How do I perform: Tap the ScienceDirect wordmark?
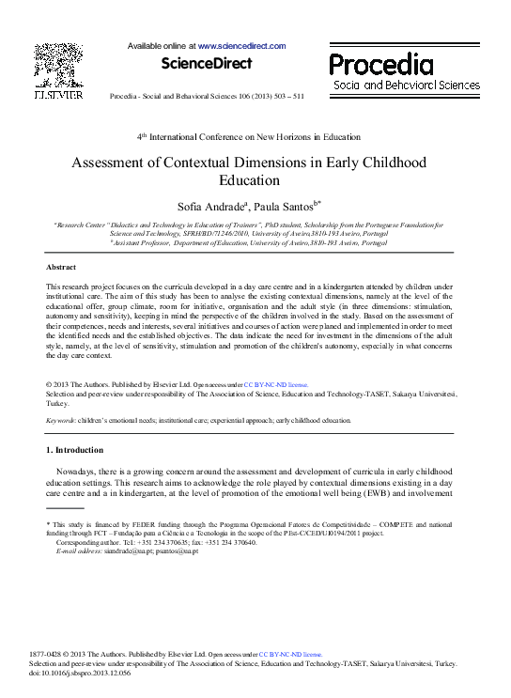207,64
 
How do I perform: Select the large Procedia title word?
380,64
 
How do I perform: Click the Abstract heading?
61,268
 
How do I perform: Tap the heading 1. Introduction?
75,450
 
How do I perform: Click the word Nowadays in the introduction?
78,469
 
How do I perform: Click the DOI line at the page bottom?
81,672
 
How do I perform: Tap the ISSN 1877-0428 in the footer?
48,653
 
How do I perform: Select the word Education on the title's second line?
250,180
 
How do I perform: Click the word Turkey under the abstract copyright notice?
57,402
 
